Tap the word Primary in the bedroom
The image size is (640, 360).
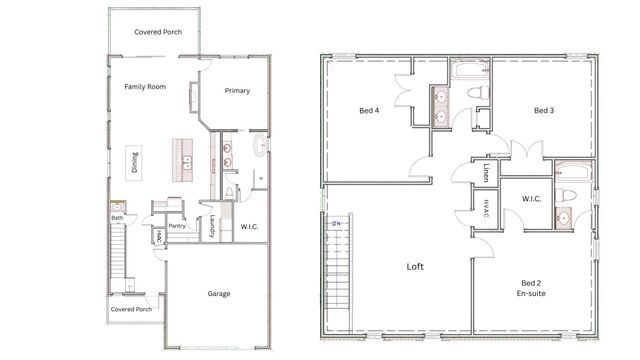tap(237, 91)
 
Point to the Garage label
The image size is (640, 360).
tap(220, 295)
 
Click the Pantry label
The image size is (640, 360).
tap(178, 226)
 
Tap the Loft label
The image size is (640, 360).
tap(416, 267)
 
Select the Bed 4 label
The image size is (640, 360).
tap(369, 110)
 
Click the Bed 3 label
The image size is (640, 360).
tap(543, 110)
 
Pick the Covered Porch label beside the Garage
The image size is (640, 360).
tap(131, 309)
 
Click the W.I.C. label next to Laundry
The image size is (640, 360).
tap(249, 227)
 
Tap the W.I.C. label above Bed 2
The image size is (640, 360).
tap(531, 198)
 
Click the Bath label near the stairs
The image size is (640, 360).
tap(117, 217)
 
